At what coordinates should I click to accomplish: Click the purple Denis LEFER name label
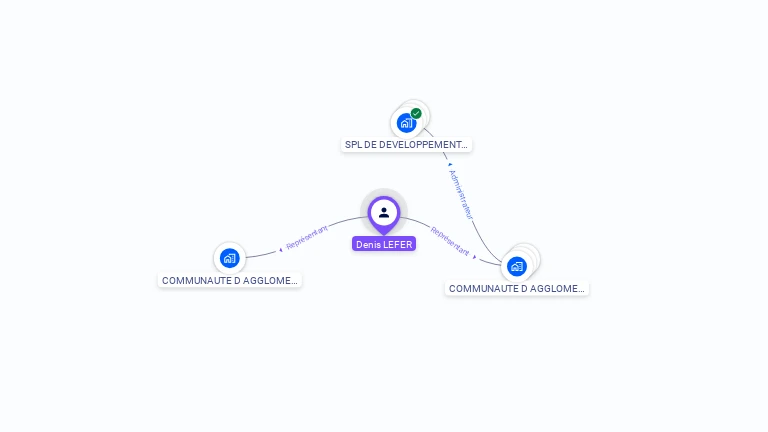pos(384,244)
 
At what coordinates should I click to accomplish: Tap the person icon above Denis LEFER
pos(384,212)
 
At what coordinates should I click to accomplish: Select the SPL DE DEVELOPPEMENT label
pos(406,145)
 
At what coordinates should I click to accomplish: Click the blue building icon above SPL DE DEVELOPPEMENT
pos(405,123)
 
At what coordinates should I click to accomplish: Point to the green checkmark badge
pos(416,113)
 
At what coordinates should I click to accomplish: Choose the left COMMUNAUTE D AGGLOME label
pos(230,281)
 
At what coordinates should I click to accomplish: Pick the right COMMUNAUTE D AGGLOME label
pos(516,288)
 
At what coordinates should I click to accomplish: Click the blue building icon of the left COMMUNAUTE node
pos(229,258)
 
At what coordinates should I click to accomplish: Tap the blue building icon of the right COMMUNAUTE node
pos(516,266)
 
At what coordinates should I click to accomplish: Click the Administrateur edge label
pos(461,194)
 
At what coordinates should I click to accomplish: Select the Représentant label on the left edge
pos(307,238)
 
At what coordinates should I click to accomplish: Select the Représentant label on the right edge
pos(450,241)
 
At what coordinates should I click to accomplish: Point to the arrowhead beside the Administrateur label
pos(450,164)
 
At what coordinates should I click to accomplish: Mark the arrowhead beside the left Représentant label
pos(281,248)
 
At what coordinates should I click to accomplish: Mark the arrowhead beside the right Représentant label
pos(475,256)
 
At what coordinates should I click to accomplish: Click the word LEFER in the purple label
pos(398,244)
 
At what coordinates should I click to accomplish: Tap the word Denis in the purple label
pos(369,244)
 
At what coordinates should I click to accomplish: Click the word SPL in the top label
pos(353,145)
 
